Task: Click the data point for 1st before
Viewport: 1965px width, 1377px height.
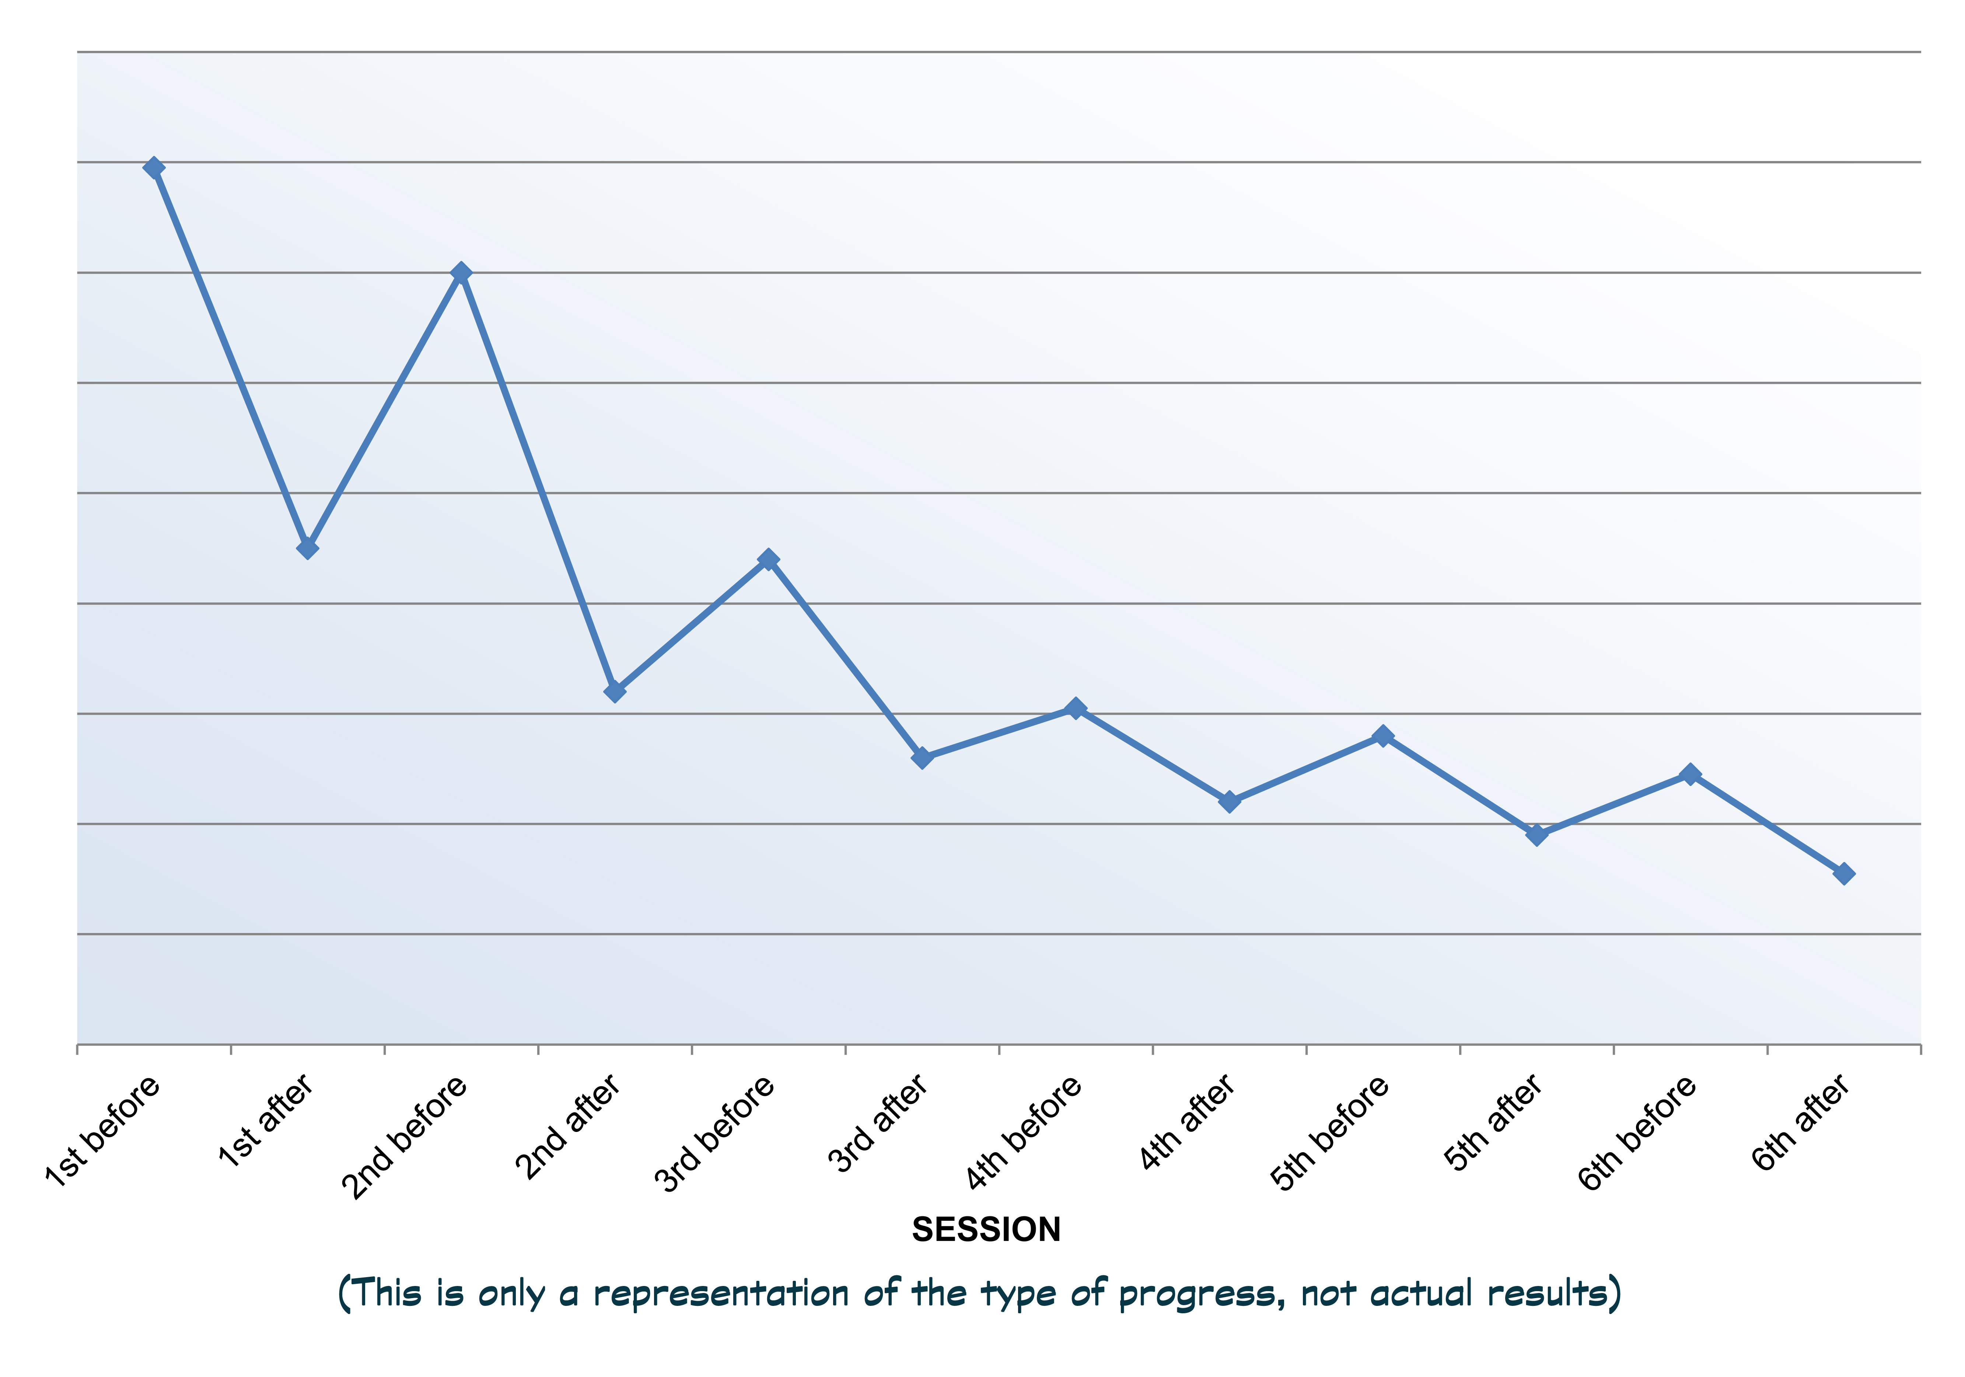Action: (154, 168)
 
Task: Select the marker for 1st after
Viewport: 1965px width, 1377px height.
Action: (308, 548)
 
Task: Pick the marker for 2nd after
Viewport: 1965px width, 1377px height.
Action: (615, 691)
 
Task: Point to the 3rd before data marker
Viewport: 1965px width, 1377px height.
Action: (769, 560)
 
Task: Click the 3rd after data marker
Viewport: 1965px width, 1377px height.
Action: (922, 757)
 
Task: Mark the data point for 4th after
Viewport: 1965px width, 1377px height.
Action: (1229, 801)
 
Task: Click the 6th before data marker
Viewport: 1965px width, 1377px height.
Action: (1690, 775)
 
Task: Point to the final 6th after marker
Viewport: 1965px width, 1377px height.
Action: (1844, 874)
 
